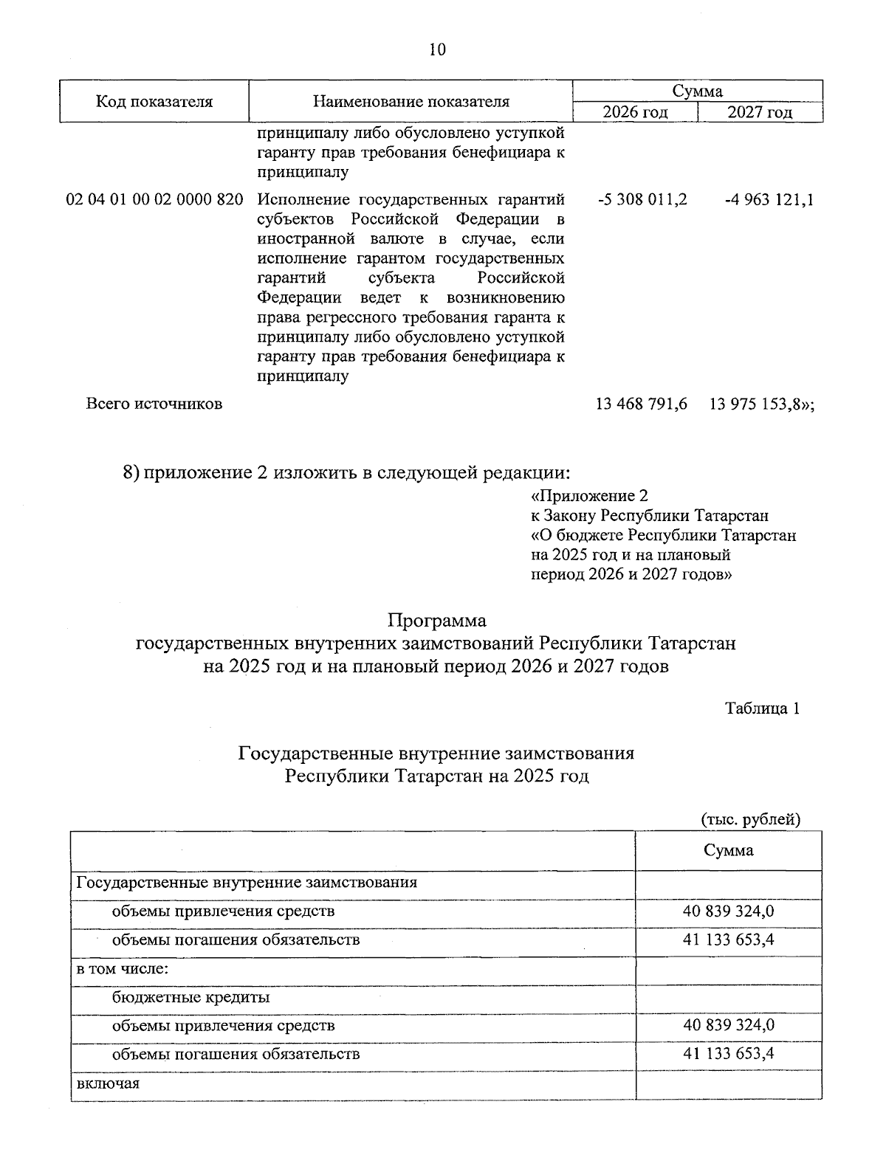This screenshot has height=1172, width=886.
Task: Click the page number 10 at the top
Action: pyautogui.click(x=437, y=49)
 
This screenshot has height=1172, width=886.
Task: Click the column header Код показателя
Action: pyautogui.click(x=154, y=102)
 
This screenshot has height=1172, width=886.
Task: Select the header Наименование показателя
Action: pyautogui.click(x=411, y=102)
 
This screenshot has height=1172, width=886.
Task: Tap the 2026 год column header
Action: pyautogui.click(x=635, y=112)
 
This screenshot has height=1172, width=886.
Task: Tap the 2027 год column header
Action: pyautogui.click(x=760, y=112)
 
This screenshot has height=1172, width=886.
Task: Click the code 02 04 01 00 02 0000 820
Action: pyautogui.click(x=154, y=200)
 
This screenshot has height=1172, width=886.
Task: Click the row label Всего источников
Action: pyautogui.click(x=154, y=404)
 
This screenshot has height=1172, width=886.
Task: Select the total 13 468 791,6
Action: pyautogui.click(x=641, y=404)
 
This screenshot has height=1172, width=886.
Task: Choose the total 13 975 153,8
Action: pyautogui.click(x=760, y=404)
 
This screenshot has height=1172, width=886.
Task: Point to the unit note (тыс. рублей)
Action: pyautogui.click(x=750, y=819)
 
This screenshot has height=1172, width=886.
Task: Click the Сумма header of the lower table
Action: pyautogui.click(x=728, y=850)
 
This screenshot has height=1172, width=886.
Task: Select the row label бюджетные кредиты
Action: pyautogui.click(x=190, y=998)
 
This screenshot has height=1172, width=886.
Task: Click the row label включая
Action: pyautogui.click(x=108, y=1083)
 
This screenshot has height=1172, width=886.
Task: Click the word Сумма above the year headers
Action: pyautogui.click(x=697, y=91)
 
